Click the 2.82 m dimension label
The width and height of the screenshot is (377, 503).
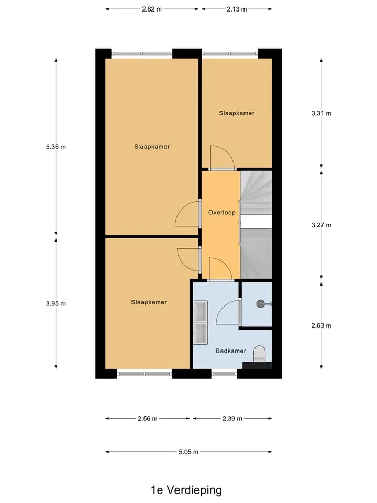pos(152,9)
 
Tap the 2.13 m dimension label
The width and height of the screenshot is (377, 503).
pos(237,9)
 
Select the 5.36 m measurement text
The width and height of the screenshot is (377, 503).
pos(56,147)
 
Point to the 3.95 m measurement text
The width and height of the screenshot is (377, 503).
pos(56,303)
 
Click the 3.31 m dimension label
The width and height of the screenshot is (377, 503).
pos(321,113)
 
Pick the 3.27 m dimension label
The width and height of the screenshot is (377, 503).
pos(321,225)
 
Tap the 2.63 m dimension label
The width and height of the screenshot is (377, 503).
pos(321,325)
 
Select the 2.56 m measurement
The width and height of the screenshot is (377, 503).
pos(148,419)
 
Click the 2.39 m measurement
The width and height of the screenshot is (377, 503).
pos(232,419)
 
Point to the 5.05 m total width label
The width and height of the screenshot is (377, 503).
pos(188,452)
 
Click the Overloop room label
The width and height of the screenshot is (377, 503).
pos(222,212)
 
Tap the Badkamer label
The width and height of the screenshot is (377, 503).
pos(231,351)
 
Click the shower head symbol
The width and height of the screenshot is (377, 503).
pos(261,303)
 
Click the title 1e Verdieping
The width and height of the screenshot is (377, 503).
pos(186,490)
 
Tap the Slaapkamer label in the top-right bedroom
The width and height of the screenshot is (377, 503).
pos(237,113)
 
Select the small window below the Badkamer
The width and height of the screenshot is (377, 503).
pos(225,374)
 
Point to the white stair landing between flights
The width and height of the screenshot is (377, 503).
pos(256,222)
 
